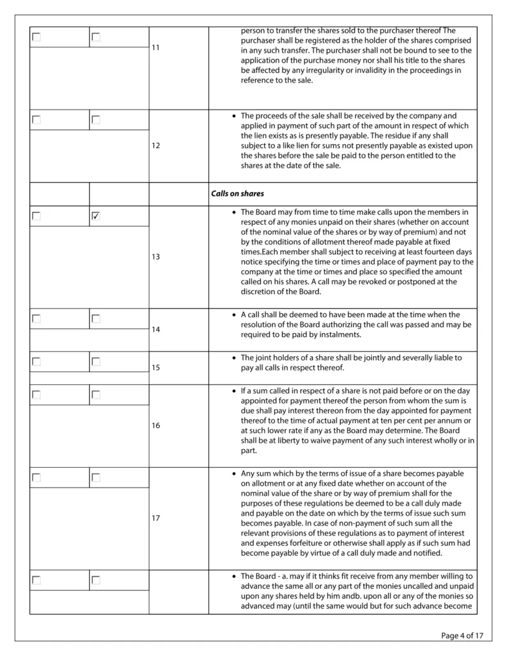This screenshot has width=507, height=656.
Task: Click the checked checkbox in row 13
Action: pyautogui.click(x=96, y=217)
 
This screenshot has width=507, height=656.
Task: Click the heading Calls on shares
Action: pyautogui.click(x=237, y=193)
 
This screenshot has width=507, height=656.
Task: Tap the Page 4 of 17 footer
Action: pyautogui.click(x=461, y=635)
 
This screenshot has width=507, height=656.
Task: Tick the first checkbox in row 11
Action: pyautogui.click(x=37, y=37)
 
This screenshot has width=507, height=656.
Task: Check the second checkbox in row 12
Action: pyautogui.click(x=96, y=120)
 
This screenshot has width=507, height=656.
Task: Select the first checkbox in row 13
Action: pyautogui.click(x=37, y=217)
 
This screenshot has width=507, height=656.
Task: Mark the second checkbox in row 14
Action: pyautogui.click(x=96, y=318)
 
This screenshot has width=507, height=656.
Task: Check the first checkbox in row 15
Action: pyautogui.click(x=37, y=362)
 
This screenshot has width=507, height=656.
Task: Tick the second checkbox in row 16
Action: pyautogui.click(x=96, y=395)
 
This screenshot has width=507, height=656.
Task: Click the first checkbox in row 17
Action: pyautogui.click(x=37, y=477)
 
